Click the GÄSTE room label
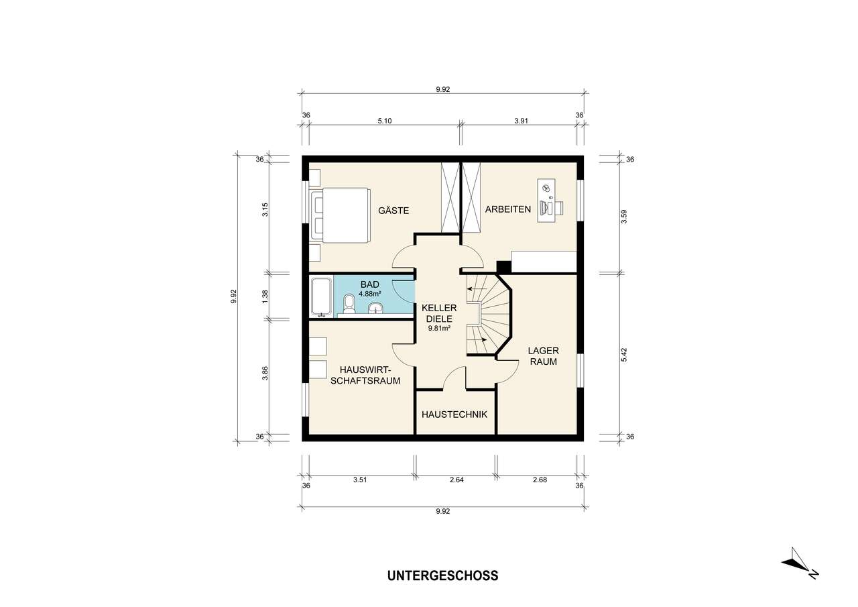(x=393, y=211)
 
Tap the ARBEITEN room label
(x=507, y=209)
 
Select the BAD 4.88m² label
(x=369, y=289)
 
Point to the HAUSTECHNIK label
(x=454, y=415)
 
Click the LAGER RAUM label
(x=542, y=356)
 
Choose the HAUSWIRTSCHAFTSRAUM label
(x=369, y=376)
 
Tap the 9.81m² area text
(x=439, y=329)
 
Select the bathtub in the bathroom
(x=321, y=298)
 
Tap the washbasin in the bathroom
(x=376, y=308)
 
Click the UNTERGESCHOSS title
(x=442, y=575)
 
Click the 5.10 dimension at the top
(x=385, y=121)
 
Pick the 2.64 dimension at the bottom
(x=455, y=480)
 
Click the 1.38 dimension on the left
(x=265, y=295)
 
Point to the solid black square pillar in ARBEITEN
(x=503, y=266)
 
